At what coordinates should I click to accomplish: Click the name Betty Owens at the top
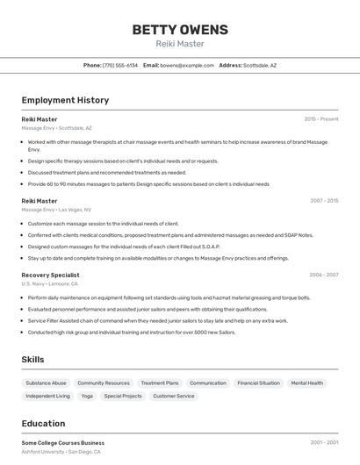pyautogui.click(x=179, y=30)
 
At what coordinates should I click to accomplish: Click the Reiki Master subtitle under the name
pyautogui.click(x=179, y=44)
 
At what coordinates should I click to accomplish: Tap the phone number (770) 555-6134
pyautogui.click(x=120, y=65)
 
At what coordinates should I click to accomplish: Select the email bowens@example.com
pyautogui.click(x=187, y=65)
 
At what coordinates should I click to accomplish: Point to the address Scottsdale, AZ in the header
pyautogui.click(x=260, y=65)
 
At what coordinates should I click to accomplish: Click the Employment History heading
pyautogui.click(x=65, y=100)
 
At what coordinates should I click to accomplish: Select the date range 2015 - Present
pyautogui.click(x=321, y=119)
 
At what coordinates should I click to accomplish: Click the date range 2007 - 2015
pyautogui.click(x=323, y=201)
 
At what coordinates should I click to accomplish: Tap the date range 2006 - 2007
pyautogui.click(x=323, y=275)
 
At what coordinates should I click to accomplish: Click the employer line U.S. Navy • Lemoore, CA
pyautogui.click(x=49, y=284)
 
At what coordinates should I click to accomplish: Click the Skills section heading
pyautogui.click(x=32, y=360)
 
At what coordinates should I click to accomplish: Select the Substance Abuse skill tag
pyautogui.click(x=46, y=383)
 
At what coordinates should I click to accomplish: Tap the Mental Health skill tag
pyautogui.click(x=307, y=383)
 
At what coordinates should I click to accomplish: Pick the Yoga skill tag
pyautogui.click(x=87, y=397)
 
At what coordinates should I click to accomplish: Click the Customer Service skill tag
pyautogui.click(x=174, y=397)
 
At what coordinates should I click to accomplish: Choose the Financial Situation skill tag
pyautogui.click(x=258, y=383)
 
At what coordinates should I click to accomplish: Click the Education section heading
pyautogui.click(x=43, y=424)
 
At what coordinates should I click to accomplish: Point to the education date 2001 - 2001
pyautogui.click(x=324, y=443)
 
